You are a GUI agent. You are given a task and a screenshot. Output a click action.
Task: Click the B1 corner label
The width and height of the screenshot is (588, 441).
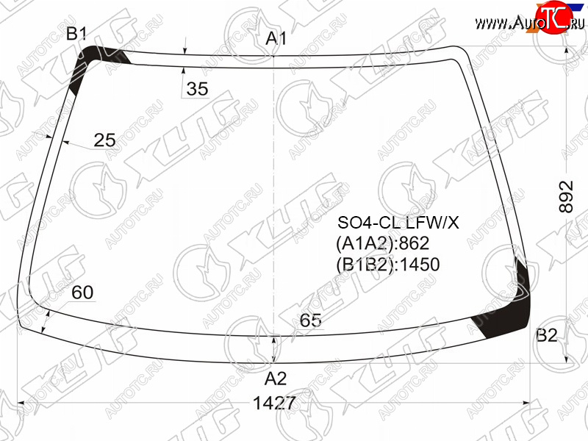[x=76, y=34]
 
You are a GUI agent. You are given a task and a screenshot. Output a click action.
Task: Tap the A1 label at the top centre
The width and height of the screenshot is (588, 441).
[x=276, y=39]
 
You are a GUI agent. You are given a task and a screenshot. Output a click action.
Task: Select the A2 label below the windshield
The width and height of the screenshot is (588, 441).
[x=276, y=379]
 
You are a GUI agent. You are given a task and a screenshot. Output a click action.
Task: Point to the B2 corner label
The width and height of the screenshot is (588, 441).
[x=547, y=335]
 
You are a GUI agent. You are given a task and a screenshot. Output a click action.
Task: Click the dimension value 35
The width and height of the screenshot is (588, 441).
[x=197, y=89]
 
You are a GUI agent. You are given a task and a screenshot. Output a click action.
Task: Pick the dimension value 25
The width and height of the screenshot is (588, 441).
[x=104, y=140]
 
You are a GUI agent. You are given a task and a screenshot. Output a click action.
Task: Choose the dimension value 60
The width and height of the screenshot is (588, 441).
[x=82, y=293]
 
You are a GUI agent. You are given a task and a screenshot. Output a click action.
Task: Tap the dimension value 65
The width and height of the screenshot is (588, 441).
[x=310, y=320]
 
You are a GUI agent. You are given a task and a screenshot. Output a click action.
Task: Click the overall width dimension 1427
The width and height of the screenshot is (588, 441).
[x=274, y=403]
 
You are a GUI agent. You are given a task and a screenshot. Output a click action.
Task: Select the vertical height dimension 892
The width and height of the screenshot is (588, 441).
[x=566, y=196]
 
